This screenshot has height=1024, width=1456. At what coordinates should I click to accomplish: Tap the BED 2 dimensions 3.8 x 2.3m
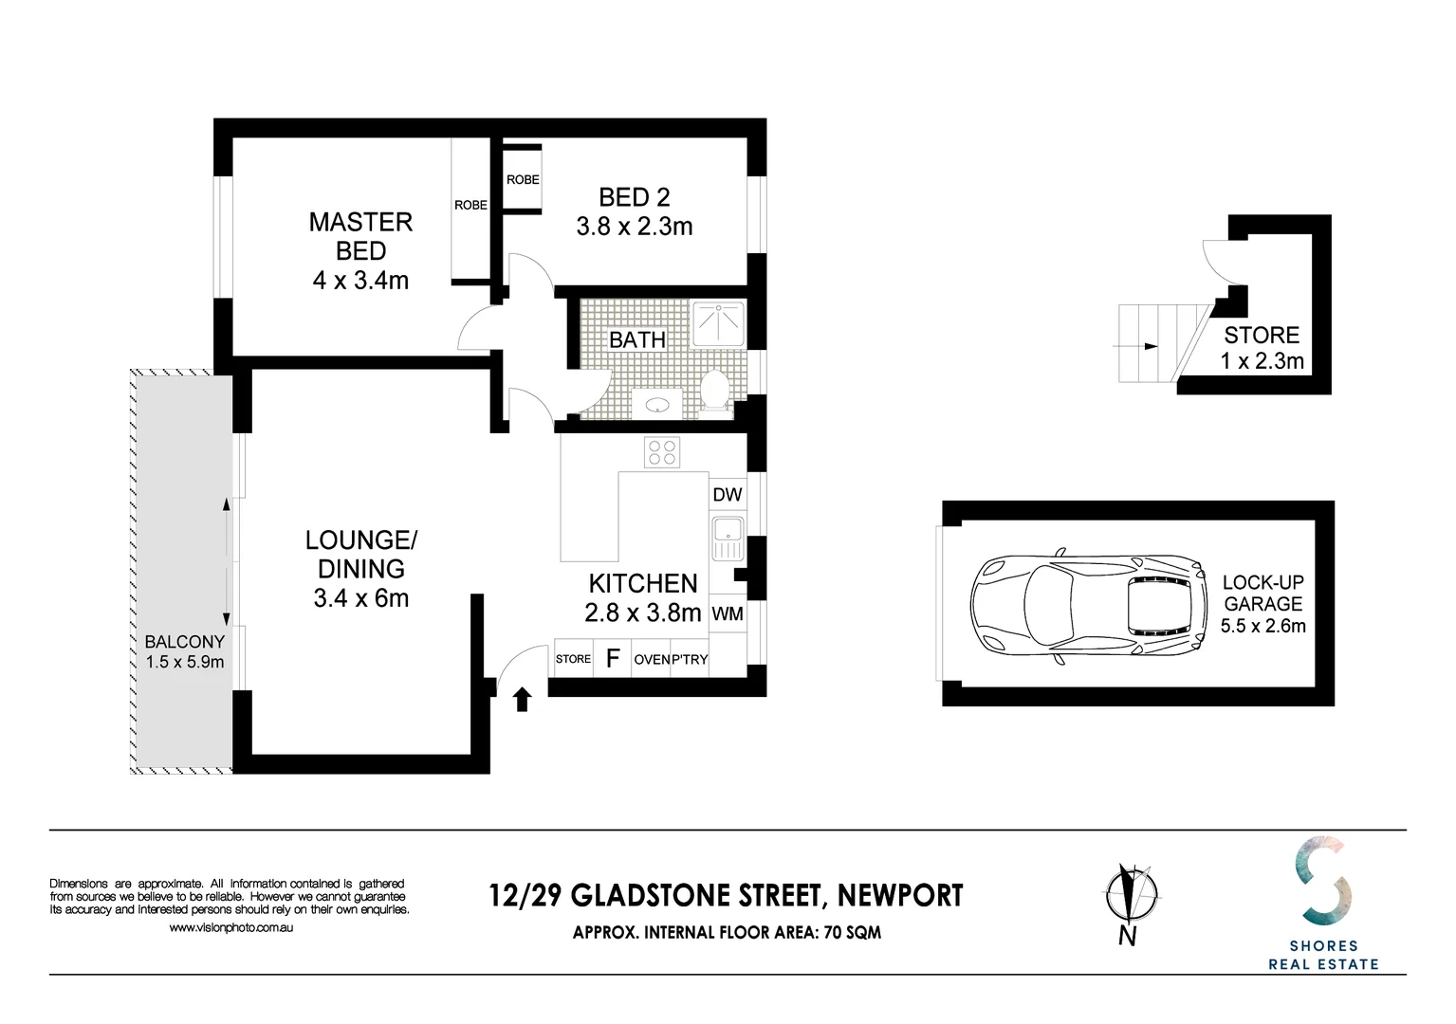(634, 228)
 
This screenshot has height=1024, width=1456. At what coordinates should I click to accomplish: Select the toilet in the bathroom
(714, 390)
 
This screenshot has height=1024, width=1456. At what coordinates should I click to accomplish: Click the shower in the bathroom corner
(718, 323)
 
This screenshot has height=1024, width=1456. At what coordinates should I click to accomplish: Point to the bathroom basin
(657, 405)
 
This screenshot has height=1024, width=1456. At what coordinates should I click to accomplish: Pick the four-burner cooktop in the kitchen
(662, 452)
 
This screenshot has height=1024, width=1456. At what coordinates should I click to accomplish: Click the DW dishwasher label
(727, 495)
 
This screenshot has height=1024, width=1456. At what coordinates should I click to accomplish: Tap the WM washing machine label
(727, 614)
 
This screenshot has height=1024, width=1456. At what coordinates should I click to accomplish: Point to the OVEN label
(651, 660)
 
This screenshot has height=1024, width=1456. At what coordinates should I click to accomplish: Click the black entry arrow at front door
(522, 700)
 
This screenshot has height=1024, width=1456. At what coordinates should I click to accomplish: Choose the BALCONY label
(185, 642)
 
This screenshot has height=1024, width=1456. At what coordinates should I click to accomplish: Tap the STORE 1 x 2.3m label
(1262, 348)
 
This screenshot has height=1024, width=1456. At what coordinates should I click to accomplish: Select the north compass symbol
(1131, 897)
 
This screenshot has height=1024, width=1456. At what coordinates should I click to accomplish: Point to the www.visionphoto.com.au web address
(230, 928)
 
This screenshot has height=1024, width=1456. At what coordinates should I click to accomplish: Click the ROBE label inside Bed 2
(523, 179)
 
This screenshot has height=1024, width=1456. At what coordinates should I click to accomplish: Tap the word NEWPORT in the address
(900, 896)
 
